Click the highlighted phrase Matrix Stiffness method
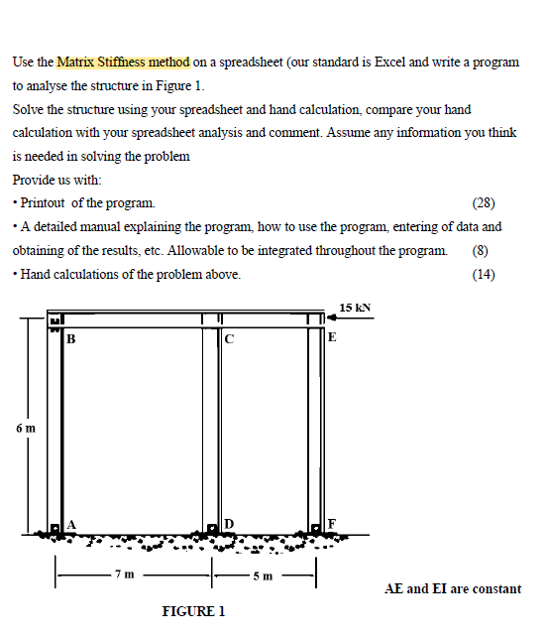[x=123, y=62]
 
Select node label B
[x=70, y=340]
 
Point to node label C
[x=229, y=340]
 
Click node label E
[x=332, y=338]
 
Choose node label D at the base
[x=228, y=523]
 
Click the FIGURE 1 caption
[x=193, y=610]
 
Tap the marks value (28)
[x=484, y=204]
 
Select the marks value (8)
[x=484, y=251]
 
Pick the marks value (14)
[x=484, y=275]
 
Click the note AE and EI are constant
[x=452, y=588]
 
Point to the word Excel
[x=394, y=62]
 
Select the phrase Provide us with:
[x=56, y=180]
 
